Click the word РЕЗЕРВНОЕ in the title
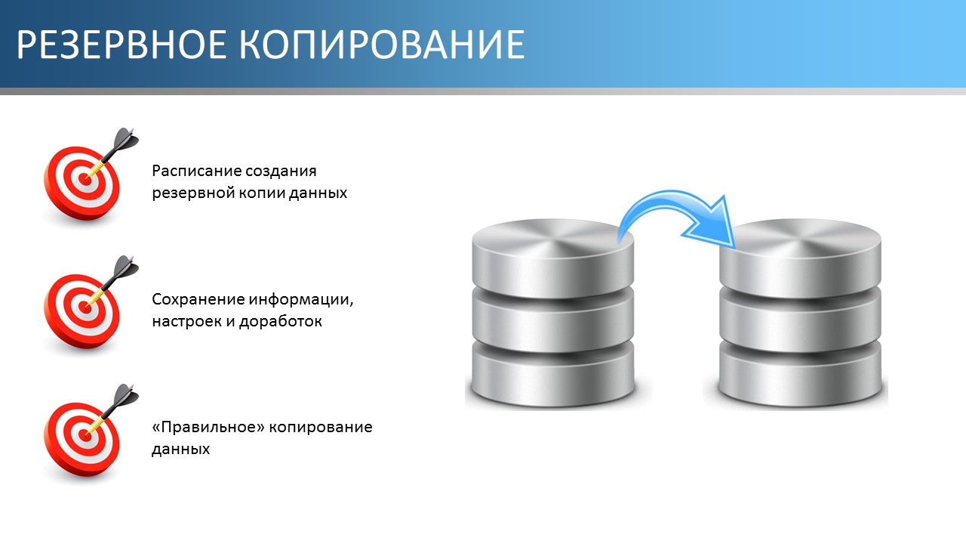pyautogui.click(x=122, y=44)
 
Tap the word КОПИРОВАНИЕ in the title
pyautogui.click(x=382, y=44)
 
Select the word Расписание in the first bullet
pyautogui.click(x=192, y=172)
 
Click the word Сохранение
pyautogui.click(x=198, y=300)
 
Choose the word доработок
pyautogui.click(x=281, y=321)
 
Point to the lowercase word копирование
pyautogui.click(x=321, y=428)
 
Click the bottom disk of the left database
pyautogui.click(x=553, y=372)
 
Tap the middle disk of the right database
pyautogui.click(x=801, y=319)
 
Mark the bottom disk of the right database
pyautogui.click(x=801, y=372)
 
